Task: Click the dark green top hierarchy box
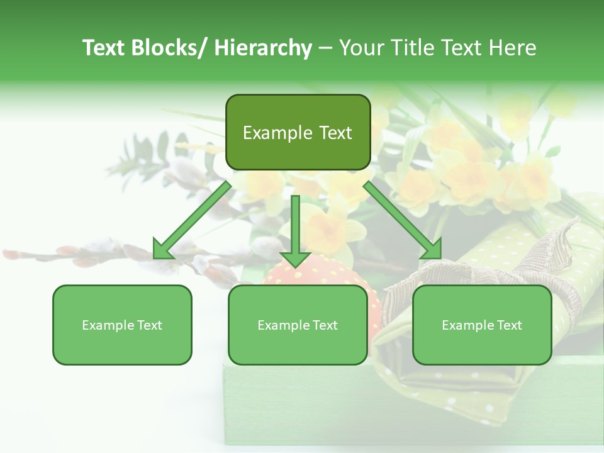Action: coord(298,132)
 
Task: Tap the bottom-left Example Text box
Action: coord(122,325)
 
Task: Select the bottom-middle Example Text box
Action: coord(298,325)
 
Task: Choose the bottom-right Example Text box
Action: coord(482,325)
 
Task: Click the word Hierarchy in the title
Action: coord(262,48)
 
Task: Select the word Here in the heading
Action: coord(513,48)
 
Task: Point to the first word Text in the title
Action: coord(103,48)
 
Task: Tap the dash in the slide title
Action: coord(325,48)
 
